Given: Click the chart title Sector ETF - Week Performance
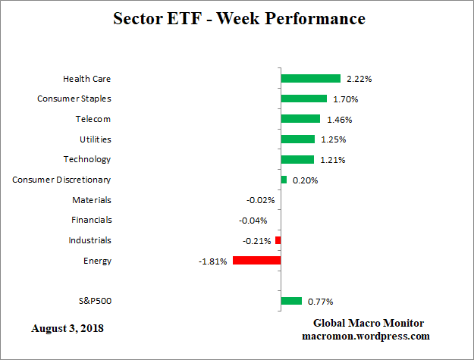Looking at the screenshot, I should (239, 18).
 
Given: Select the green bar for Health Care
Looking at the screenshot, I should (310, 79).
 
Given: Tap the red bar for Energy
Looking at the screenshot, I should (256, 261).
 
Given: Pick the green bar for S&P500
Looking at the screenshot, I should (291, 301).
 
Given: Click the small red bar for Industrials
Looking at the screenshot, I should (278, 240).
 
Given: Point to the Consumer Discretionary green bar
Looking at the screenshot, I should (284, 180).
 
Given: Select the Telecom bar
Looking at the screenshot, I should (300, 119).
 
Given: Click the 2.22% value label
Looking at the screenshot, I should (359, 79).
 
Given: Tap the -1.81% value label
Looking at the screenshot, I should (212, 261).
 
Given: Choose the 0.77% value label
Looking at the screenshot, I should (321, 302).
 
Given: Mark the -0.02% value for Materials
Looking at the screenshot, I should (260, 200).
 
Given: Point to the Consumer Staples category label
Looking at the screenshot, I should (74, 99).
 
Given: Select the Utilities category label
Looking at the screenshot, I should (95, 139).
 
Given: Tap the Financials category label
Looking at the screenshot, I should (91, 220).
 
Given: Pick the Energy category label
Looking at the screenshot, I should (97, 261).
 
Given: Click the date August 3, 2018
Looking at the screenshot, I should (67, 329).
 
